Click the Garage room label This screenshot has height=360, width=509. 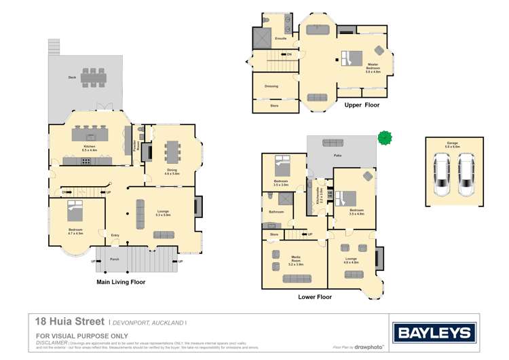[452, 143]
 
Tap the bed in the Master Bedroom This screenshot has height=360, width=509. [353, 58]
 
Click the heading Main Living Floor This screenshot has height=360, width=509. [121, 281]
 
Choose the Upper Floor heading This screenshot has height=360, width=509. [362, 105]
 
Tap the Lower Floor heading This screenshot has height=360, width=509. [315, 297]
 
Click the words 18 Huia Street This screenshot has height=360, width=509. [69, 322]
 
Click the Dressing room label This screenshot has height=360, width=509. [271, 86]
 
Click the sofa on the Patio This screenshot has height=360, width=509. [333, 143]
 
